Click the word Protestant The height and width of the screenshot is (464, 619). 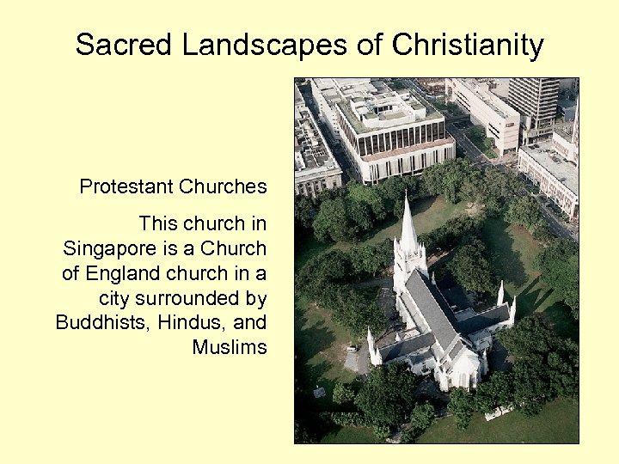(124, 186)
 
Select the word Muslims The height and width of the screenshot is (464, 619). (230, 347)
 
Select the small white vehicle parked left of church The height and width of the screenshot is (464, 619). (351, 348)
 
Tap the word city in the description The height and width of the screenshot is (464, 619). (114, 299)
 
